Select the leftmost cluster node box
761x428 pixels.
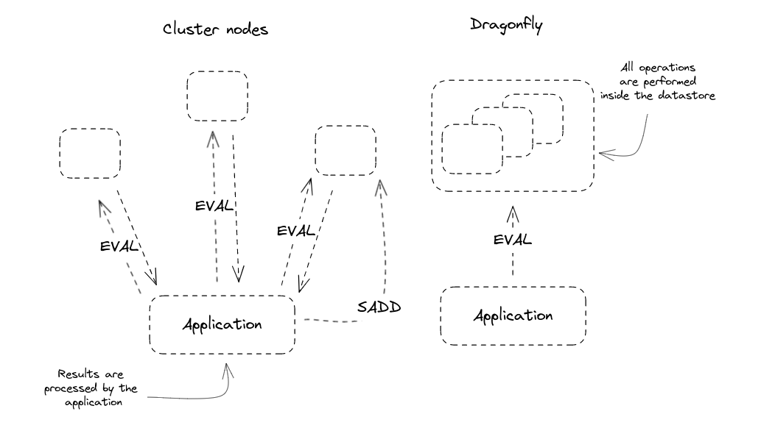[90, 153]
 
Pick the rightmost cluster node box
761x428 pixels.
[345, 150]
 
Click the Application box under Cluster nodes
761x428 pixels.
[222, 324]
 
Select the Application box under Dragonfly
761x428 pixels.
[513, 316]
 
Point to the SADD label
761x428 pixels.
[379, 307]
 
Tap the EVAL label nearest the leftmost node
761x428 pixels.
[120, 246]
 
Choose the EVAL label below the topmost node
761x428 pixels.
[216, 206]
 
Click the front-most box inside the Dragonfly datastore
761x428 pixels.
[472, 149]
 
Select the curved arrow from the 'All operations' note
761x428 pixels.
[630, 143]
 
